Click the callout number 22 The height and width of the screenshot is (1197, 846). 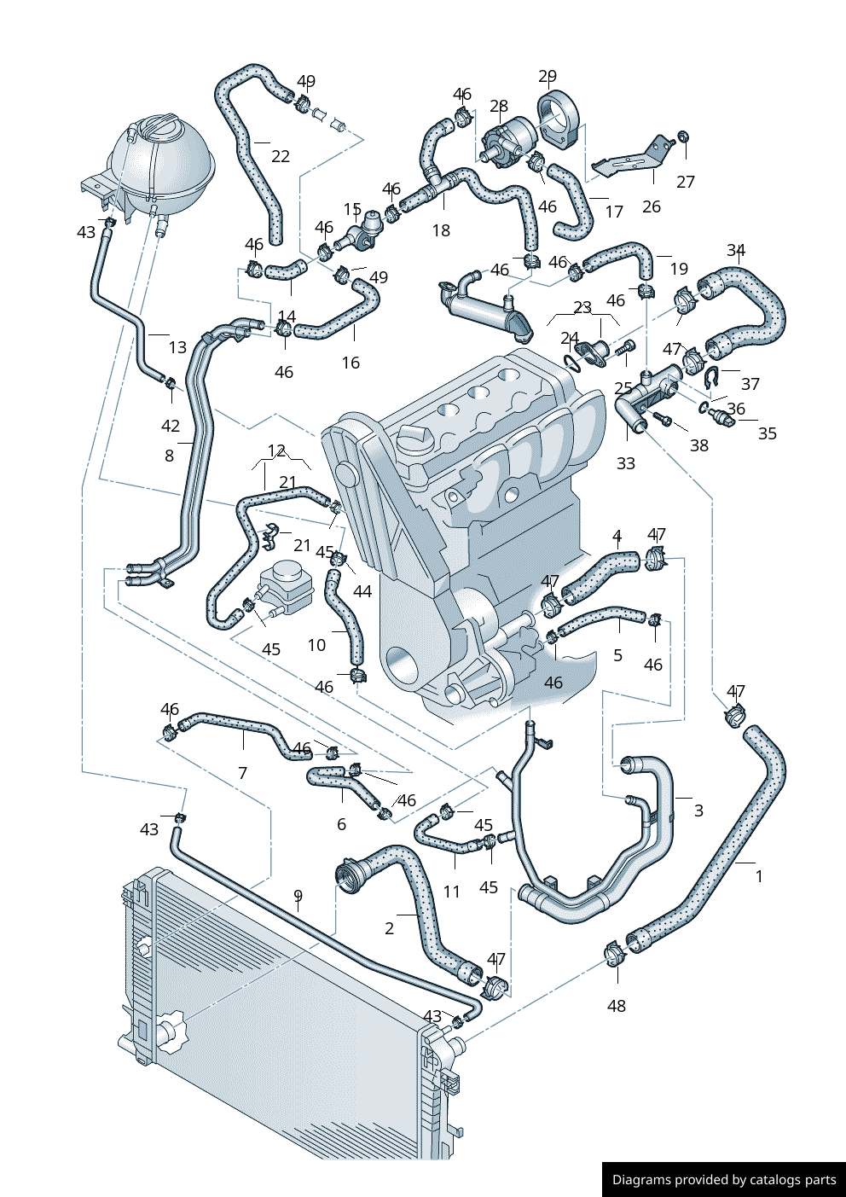click(x=281, y=156)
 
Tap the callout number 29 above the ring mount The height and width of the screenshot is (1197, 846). click(x=548, y=77)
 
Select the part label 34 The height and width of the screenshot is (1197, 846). click(x=736, y=250)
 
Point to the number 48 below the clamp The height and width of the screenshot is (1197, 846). click(x=617, y=1006)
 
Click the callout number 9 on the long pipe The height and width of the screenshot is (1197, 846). click(x=298, y=896)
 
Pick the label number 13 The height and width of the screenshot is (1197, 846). click(x=177, y=347)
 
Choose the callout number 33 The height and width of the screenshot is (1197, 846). click(x=626, y=463)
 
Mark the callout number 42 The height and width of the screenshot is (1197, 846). click(x=171, y=426)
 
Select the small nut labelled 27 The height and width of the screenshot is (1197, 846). click(x=683, y=137)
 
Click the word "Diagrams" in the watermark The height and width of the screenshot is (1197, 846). click(x=641, y=1180)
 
